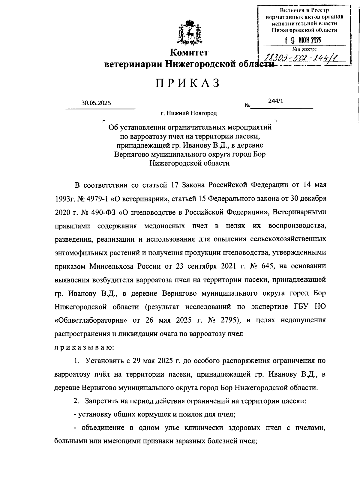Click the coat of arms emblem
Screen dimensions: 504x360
coord(189,32)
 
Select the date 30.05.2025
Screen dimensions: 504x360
coord(96,103)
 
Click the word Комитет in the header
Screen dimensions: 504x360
coord(189,53)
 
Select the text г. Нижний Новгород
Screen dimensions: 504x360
coord(188,113)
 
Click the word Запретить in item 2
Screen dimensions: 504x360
coord(101,401)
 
